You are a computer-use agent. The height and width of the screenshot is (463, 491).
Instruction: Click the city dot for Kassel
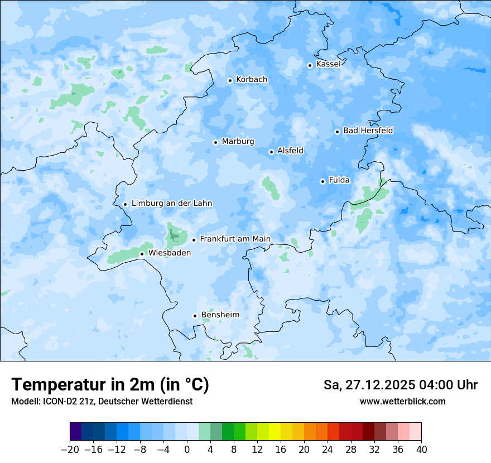(x=310, y=65)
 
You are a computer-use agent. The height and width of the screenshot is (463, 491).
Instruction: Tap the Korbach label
(x=252, y=80)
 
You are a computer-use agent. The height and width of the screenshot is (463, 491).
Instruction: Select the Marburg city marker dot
(x=215, y=142)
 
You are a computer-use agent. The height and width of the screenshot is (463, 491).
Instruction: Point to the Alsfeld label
(x=290, y=151)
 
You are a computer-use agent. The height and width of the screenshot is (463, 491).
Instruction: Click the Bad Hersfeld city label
(x=368, y=131)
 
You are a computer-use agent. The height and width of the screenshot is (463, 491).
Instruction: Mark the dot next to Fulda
(x=322, y=181)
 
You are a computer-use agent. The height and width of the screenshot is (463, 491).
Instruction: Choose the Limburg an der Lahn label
(x=172, y=204)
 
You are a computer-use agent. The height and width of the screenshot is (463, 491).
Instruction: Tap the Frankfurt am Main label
(x=235, y=239)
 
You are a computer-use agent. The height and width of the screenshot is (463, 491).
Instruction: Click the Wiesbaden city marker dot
(x=142, y=254)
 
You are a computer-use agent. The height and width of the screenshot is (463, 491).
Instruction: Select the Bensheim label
(x=220, y=315)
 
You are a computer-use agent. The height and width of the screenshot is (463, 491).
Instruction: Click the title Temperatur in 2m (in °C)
(x=110, y=385)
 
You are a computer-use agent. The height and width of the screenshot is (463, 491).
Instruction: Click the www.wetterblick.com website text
(x=402, y=401)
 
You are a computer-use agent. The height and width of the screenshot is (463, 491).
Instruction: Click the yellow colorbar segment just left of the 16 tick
(x=275, y=432)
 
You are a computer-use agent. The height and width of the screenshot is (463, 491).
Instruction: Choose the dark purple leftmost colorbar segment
(x=76, y=432)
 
